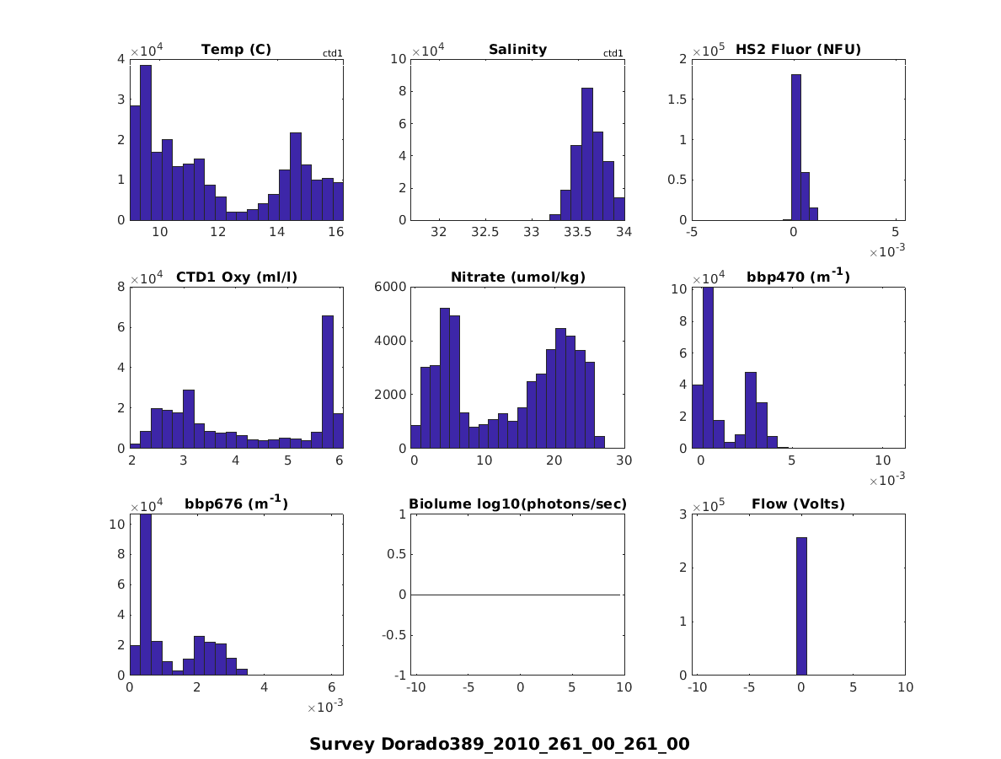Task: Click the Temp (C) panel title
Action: click(x=236, y=50)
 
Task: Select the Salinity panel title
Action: click(x=517, y=50)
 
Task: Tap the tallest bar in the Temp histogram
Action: click(x=145, y=142)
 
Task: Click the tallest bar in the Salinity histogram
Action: click(x=587, y=153)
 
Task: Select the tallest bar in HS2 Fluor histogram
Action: click(x=795, y=147)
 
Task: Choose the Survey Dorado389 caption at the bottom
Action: click(x=500, y=744)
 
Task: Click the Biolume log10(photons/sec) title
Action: click(x=517, y=505)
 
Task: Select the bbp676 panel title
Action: click(x=236, y=504)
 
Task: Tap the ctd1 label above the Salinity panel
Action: click(x=613, y=54)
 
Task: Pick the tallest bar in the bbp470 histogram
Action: click(x=708, y=368)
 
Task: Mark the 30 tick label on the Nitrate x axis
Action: click(x=624, y=460)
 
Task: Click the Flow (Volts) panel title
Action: click(x=798, y=505)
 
